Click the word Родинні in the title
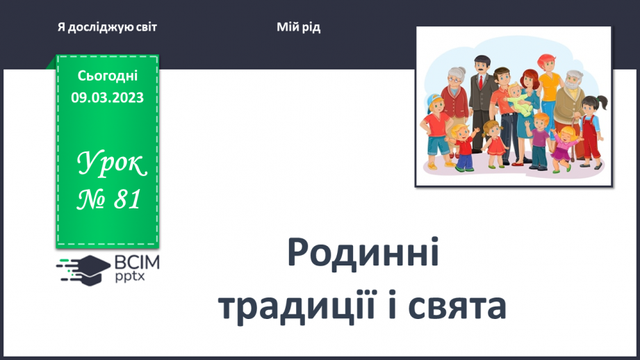363,255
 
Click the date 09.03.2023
107,98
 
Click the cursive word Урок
111,165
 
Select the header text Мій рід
298,27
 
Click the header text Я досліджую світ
107,27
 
